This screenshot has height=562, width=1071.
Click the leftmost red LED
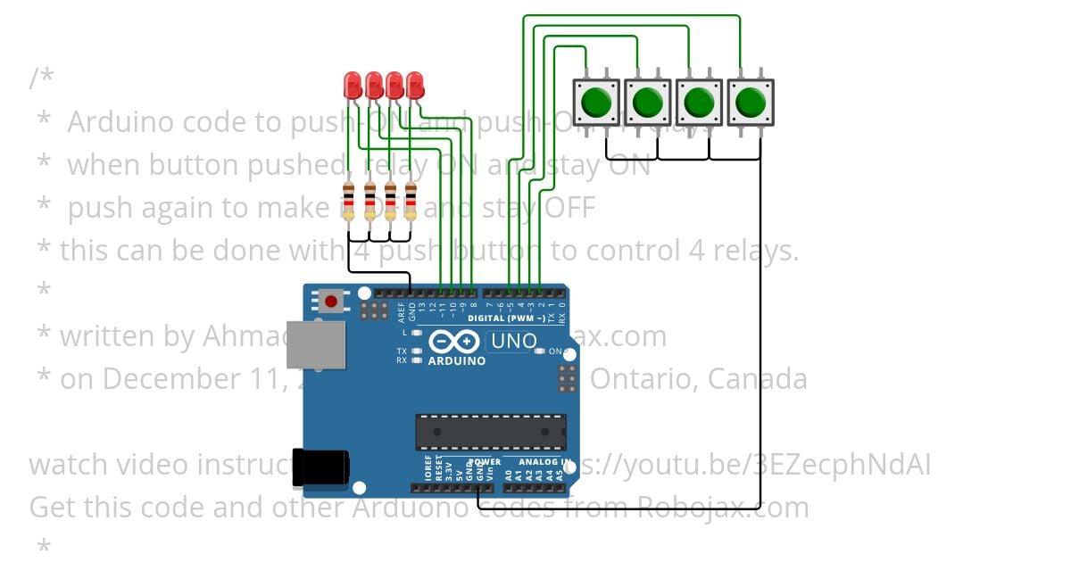tap(353, 86)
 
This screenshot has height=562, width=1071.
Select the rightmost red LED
tap(414, 86)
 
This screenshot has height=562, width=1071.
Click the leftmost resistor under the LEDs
tap(348, 201)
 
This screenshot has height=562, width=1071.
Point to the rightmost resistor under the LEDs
tap(411, 201)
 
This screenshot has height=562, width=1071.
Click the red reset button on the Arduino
tap(332, 302)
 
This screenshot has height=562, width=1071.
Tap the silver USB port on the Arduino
tap(315, 344)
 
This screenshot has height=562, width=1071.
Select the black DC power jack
tap(320, 467)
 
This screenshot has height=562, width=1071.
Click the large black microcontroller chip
tap(490, 432)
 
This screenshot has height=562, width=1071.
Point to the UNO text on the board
tap(514, 341)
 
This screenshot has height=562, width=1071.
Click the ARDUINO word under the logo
tap(457, 361)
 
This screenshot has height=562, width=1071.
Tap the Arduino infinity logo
tap(456, 342)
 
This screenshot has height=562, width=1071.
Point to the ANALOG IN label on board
tap(543, 462)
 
